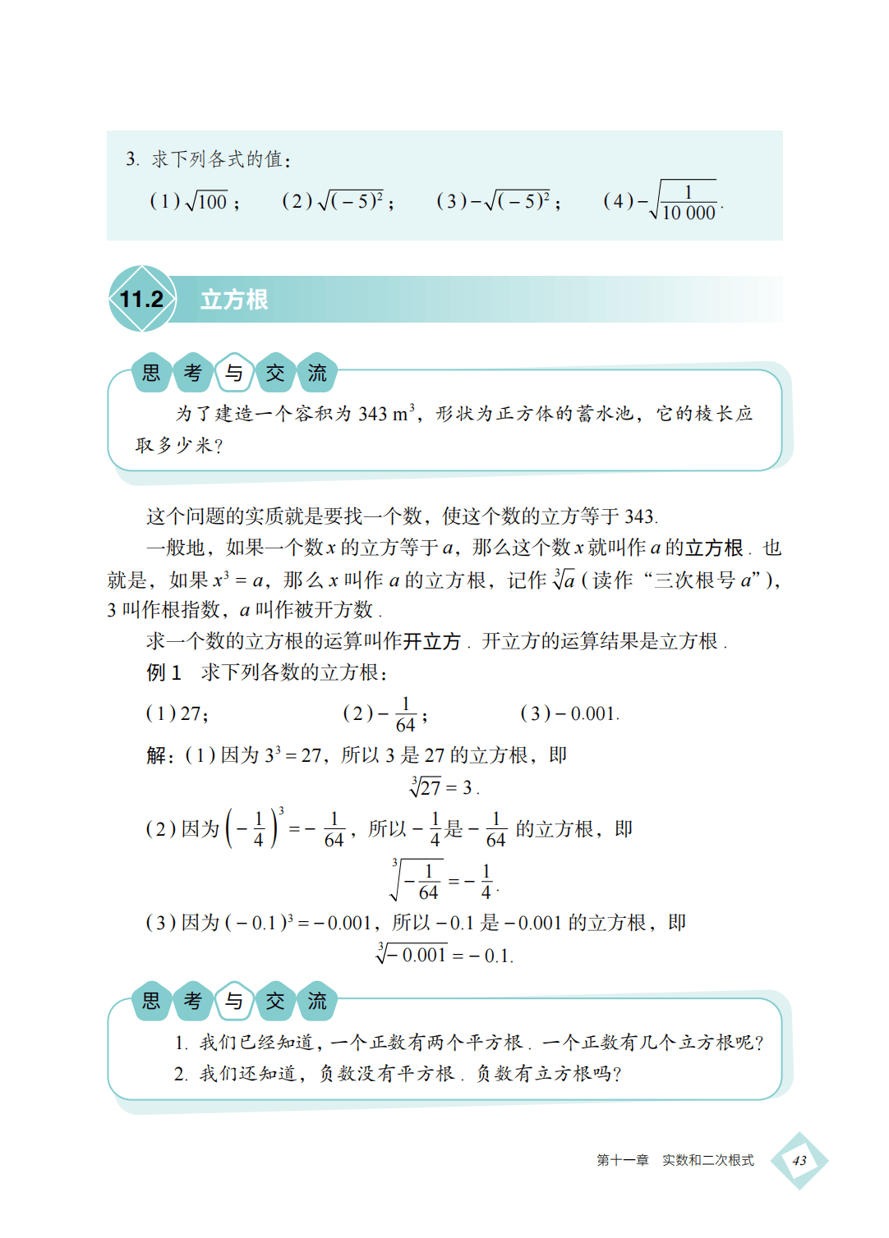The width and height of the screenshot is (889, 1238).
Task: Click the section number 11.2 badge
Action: coord(142,300)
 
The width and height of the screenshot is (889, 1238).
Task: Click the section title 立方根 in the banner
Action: coord(234,300)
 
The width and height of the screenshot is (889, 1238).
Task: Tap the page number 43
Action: coord(799,1160)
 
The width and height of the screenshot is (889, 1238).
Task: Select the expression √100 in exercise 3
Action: coord(207,201)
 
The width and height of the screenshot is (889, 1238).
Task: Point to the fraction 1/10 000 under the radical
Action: coord(689,203)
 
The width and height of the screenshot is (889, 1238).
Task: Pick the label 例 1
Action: coord(164,672)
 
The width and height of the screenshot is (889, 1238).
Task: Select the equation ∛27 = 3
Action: coord(444,787)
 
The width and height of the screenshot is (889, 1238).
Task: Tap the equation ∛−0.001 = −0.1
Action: coord(444,955)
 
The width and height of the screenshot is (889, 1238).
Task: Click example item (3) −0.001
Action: coord(569,713)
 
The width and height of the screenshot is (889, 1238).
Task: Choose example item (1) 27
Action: coord(177,713)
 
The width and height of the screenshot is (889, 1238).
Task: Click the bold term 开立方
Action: coord(432,641)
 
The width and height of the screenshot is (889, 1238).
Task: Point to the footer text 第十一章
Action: coord(622,1160)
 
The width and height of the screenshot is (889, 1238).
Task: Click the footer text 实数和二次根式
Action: coord(708,1160)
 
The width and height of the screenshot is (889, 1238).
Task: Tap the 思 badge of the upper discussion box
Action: coord(152,374)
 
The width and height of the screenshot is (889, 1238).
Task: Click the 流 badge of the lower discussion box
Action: coord(317,1001)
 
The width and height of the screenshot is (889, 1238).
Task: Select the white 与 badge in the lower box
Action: coord(234,1001)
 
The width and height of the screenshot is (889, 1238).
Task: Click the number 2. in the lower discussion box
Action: coord(181,1074)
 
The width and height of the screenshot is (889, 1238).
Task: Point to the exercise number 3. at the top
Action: coord(132,159)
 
